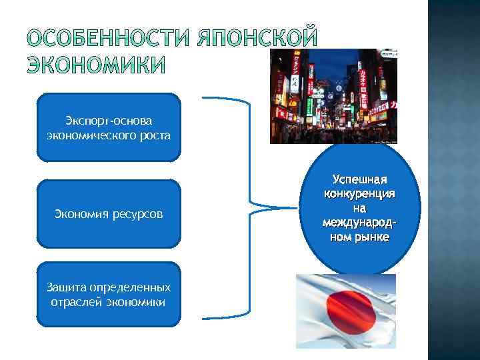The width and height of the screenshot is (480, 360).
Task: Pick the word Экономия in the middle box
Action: pos(81,215)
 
